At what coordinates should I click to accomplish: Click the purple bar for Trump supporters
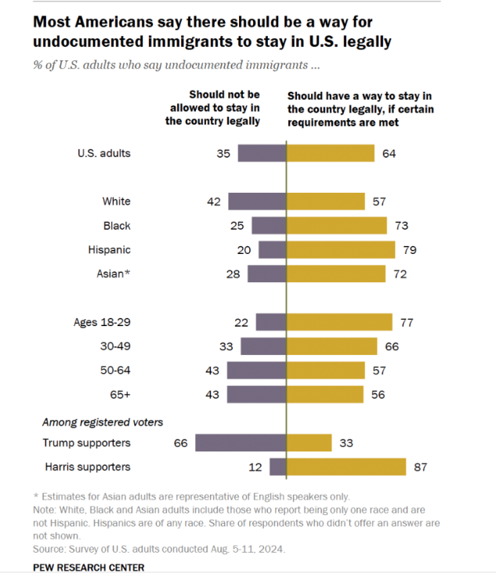pos(241,443)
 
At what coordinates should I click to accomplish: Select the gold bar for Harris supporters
pos(346,467)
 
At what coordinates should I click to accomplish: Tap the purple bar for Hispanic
pos(273,250)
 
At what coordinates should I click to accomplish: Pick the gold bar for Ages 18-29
pos(339,322)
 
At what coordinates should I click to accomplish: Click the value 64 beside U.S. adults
pos(389,154)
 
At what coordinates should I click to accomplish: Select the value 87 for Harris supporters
pos(419,467)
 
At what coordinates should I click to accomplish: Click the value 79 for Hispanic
pos(408,250)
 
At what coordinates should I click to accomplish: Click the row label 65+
pos(120,394)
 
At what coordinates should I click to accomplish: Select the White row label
pos(117,201)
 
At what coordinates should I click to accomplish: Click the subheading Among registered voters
pos(103,422)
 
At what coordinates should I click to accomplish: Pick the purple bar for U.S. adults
pos(262,154)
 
